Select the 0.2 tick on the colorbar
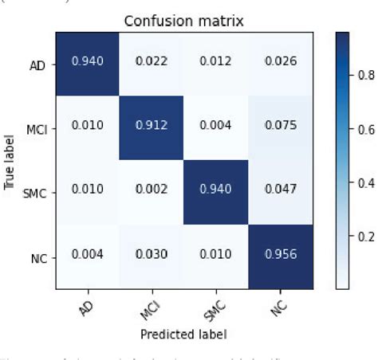tap(364, 237)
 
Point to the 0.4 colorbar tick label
tap(364, 183)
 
